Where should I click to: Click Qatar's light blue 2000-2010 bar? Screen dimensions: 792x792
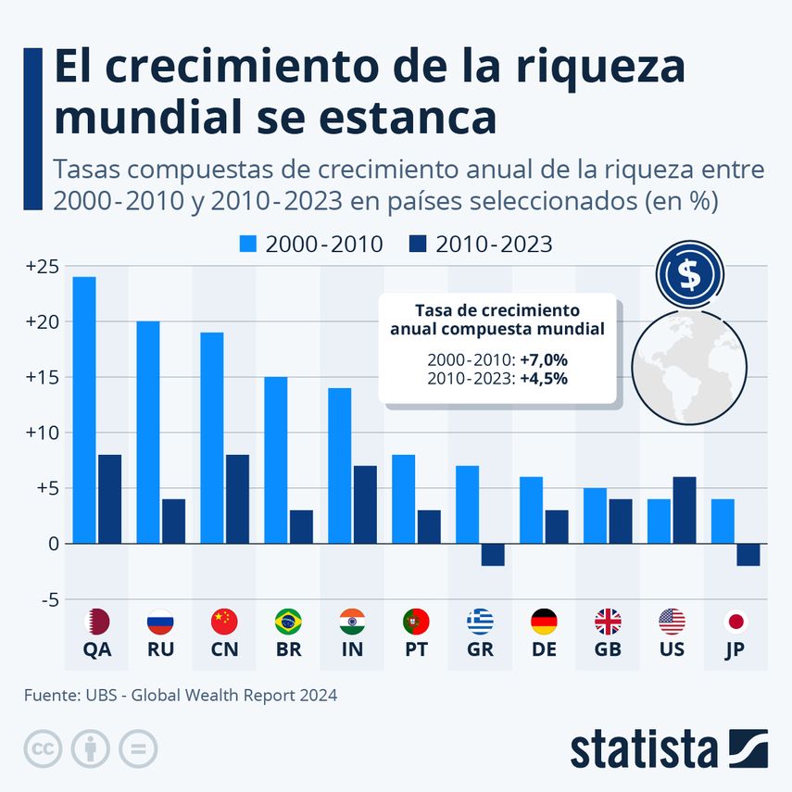pyautogui.click(x=84, y=409)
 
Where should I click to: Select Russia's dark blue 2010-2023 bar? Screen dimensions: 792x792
pyautogui.click(x=173, y=521)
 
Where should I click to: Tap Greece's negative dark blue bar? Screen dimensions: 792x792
pyautogui.click(x=493, y=554)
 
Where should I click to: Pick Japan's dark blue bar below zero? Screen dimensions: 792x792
pyautogui.click(x=748, y=554)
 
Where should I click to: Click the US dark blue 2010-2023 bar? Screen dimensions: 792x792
pyautogui.click(x=685, y=509)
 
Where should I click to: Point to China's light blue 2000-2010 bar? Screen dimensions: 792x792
pyautogui.click(x=212, y=437)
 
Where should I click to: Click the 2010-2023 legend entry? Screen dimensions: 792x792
pyautogui.click(x=479, y=245)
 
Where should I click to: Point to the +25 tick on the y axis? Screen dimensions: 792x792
pyautogui.click(x=42, y=267)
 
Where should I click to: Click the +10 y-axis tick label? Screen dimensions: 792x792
pyautogui.click(x=42, y=433)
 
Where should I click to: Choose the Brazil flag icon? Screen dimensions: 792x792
pyautogui.click(x=289, y=622)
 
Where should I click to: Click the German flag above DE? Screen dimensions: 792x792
pyautogui.click(x=544, y=622)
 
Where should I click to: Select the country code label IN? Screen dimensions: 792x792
pyautogui.click(x=352, y=649)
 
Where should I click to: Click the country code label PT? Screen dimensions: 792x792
pyautogui.click(x=416, y=649)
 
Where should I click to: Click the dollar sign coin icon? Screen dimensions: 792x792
pyautogui.click(x=690, y=275)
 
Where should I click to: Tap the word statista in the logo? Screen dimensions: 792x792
pyautogui.click(x=645, y=748)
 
